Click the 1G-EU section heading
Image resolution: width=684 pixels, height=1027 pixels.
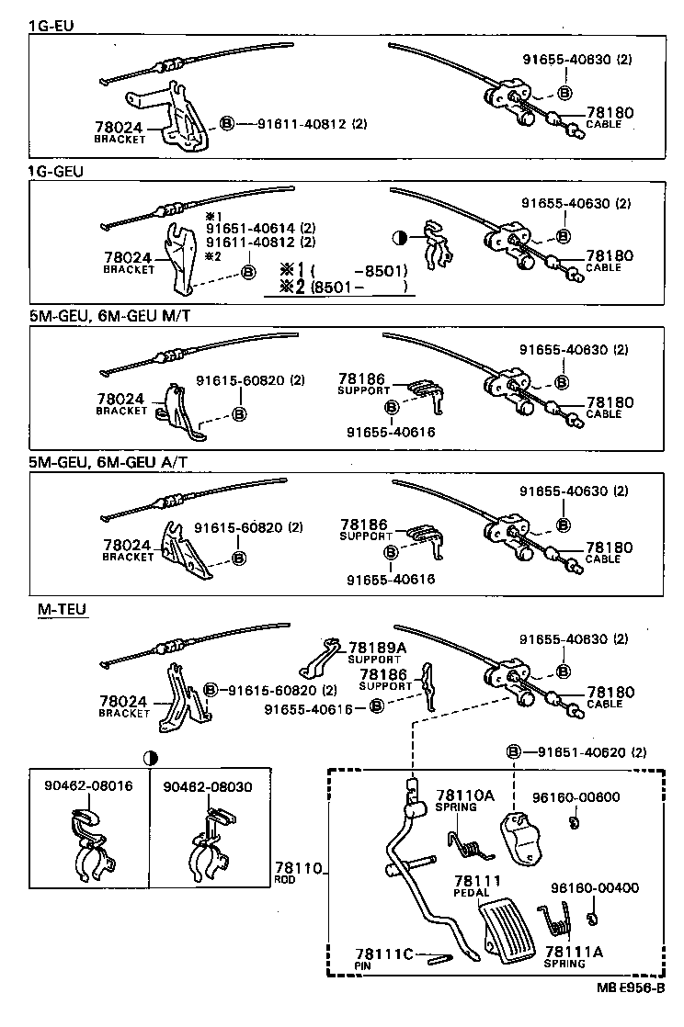click(51, 25)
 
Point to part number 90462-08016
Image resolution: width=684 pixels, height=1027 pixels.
click(88, 786)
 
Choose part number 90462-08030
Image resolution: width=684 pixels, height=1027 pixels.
click(208, 786)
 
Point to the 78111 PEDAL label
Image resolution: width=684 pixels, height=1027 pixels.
click(476, 883)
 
